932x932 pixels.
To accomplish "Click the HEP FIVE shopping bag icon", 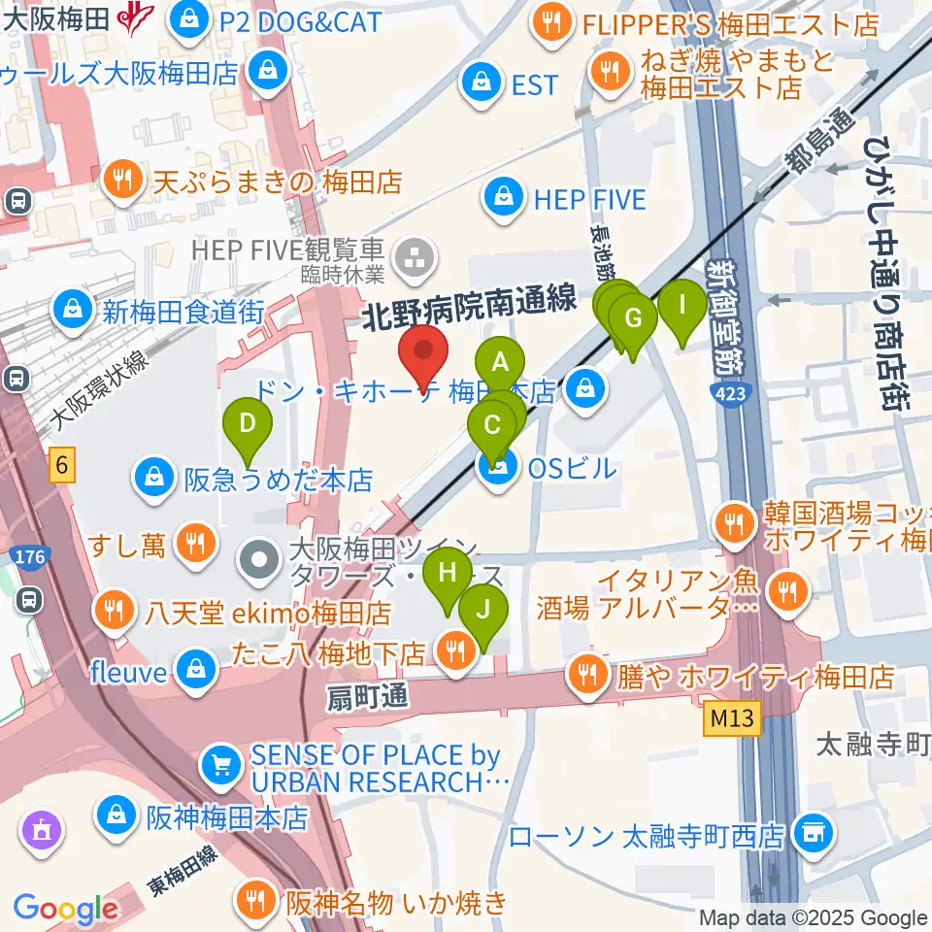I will [x=506, y=200].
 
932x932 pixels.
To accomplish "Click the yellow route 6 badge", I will [x=62, y=467].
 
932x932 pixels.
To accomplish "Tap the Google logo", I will [x=65, y=909].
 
